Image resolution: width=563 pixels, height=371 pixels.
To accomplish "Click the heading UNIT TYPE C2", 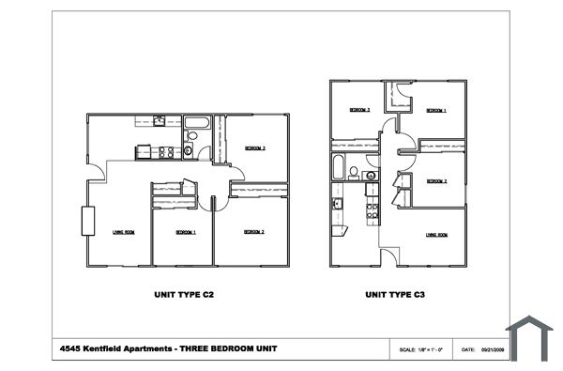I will click(x=185, y=294).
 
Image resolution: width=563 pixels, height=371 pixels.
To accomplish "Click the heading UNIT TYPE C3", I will click(x=396, y=294).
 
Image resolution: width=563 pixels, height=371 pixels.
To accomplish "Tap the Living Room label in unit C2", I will click(x=123, y=232).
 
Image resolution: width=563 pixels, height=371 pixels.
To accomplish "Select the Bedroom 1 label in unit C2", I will click(x=182, y=232).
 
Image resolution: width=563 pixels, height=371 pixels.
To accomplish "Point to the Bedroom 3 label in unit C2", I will click(x=256, y=148).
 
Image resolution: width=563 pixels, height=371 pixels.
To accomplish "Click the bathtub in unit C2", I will click(x=197, y=122).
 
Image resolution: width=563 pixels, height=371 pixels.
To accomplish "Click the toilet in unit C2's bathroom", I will click(x=189, y=149).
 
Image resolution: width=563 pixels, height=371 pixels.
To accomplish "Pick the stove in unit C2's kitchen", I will click(x=166, y=151).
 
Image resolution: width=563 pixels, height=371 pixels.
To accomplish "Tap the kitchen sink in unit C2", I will click(x=160, y=120).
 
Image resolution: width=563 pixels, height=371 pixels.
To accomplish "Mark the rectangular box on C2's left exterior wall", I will click(x=87, y=221).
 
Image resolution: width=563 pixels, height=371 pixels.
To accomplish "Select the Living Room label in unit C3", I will click(x=435, y=235).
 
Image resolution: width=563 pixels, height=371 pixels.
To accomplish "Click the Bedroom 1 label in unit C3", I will click(x=435, y=111).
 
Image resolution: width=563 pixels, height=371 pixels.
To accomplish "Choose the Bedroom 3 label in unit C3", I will click(x=360, y=110).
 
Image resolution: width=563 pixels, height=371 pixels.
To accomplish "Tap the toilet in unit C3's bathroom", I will click(x=355, y=172).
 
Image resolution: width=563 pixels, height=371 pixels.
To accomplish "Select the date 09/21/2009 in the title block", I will click(x=494, y=349).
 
